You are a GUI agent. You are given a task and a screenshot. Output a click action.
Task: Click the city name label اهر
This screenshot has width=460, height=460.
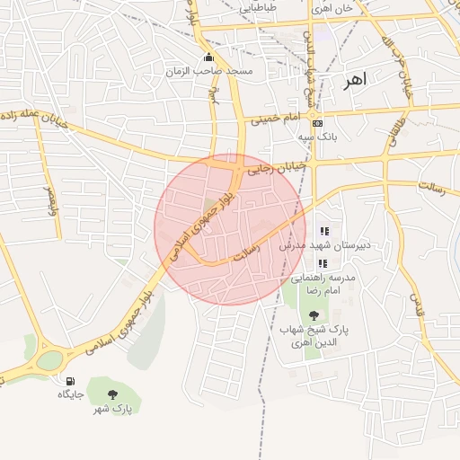tap(355, 81)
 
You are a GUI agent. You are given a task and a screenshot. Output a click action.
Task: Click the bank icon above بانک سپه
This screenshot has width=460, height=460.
tap(317, 124)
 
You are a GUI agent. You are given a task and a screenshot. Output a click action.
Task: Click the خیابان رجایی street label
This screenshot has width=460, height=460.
tap(279, 166)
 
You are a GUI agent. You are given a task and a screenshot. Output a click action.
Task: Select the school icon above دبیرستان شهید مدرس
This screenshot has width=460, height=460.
tap(323, 232)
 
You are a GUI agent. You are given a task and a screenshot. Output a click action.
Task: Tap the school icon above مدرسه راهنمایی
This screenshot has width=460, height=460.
tap(323, 264)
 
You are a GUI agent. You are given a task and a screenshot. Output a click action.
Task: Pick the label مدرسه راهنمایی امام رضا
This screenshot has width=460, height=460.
tap(331, 285)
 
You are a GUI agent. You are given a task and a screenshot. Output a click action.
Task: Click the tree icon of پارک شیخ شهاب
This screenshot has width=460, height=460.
tap(313, 315)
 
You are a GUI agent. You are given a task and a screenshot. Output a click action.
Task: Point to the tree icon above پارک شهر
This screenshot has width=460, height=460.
tap(112, 394)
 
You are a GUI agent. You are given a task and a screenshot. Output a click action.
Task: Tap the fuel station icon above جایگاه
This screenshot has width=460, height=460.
tap(71, 381)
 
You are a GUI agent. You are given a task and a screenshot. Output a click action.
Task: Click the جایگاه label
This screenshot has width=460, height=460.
tap(71, 394)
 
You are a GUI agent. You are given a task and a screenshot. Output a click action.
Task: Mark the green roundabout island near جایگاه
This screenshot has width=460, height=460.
tap(49, 360)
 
